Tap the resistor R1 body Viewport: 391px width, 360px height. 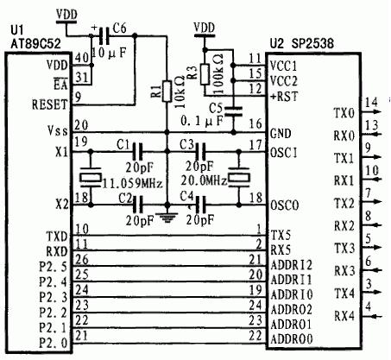click(x=167, y=92)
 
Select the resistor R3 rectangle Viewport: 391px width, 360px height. click(x=205, y=74)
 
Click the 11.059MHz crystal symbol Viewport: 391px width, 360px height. click(x=91, y=178)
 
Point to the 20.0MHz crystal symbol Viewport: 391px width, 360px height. click(x=238, y=178)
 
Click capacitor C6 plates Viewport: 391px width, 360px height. click(x=104, y=35)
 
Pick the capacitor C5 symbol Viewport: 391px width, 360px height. click(x=233, y=111)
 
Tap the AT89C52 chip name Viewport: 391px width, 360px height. click(x=35, y=44)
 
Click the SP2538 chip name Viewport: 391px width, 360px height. click(x=312, y=43)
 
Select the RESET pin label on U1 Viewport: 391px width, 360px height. click(x=49, y=104)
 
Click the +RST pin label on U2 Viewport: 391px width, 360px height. click(x=284, y=97)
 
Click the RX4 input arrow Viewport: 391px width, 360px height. click(x=372, y=317)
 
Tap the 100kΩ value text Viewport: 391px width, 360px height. click(x=218, y=74)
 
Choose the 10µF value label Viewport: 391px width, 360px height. click(x=109, y=53)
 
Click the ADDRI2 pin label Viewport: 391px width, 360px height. click(x=291, y=265)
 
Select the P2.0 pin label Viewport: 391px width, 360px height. click(x=54, y=343)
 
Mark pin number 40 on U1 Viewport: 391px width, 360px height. click(x=82, y=58)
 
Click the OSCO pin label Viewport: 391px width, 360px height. click(x=285, y=205)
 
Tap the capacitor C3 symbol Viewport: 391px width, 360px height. click(x=200, y=151)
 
